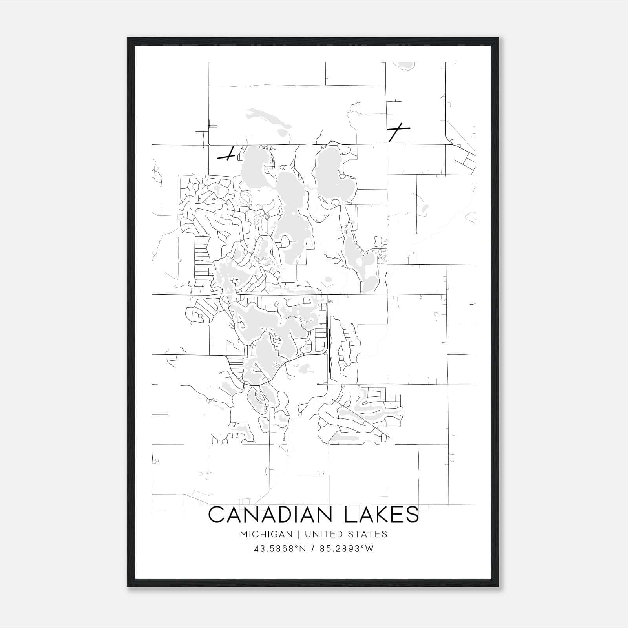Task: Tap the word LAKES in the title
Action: (x=382, y=515)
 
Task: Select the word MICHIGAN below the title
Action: (x=267, y=534)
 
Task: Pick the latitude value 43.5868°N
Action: (x=279, y=549)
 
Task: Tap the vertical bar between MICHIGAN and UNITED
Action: (x=299, y=534)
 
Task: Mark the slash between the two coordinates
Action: (x=313, y=549)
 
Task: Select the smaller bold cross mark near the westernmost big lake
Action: (x=227, y=155)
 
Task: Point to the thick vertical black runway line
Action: (x=329, y=351)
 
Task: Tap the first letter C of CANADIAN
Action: (x=217, y=515)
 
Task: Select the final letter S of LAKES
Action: (x=412, y=515)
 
